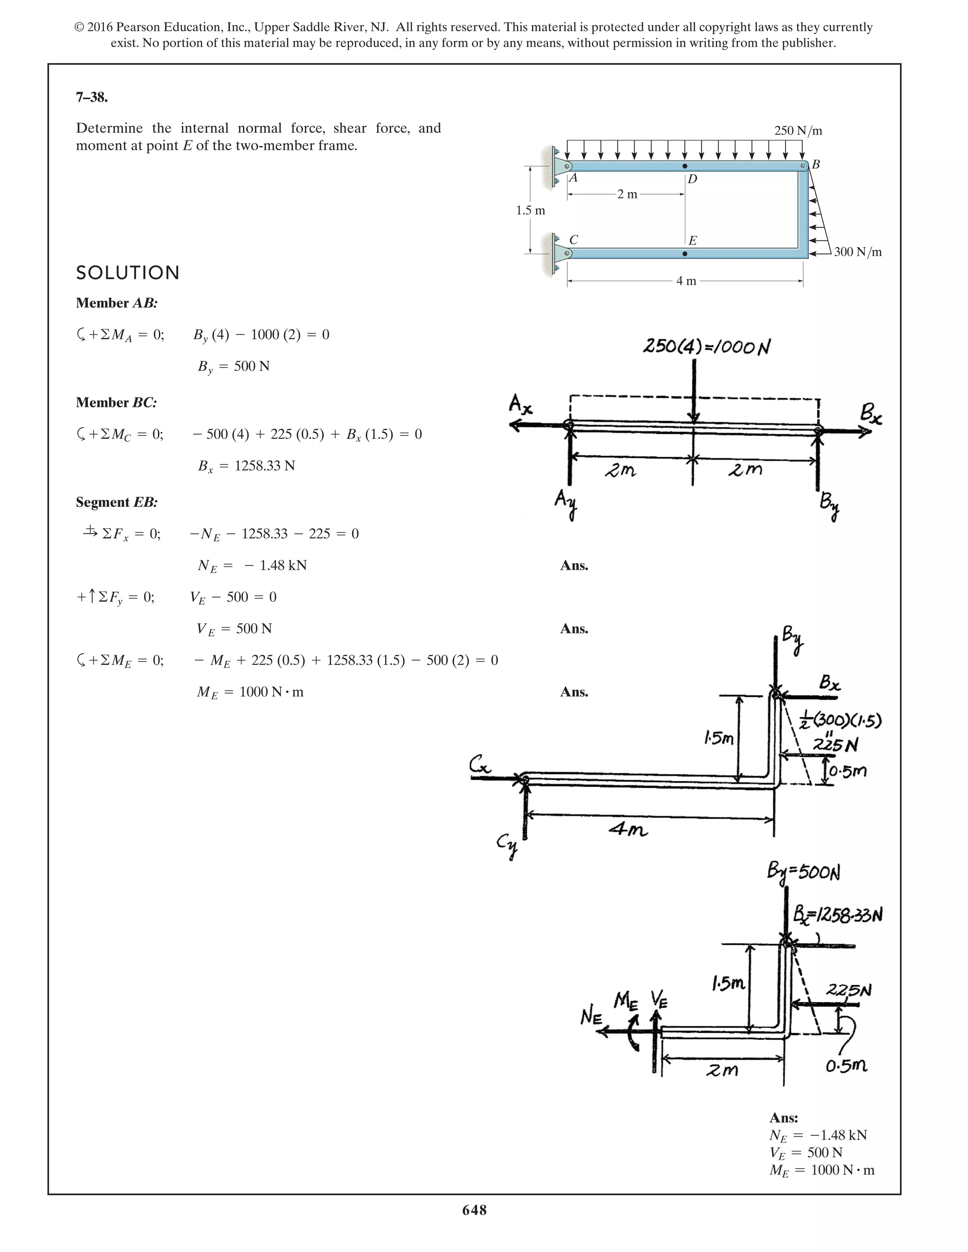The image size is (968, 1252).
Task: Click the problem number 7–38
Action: click(x=92, y=97)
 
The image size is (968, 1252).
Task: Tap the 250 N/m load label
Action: click(x=798, y=131)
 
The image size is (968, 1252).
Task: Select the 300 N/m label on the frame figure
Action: click(x=857, y=252)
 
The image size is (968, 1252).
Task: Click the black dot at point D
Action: click(x=685, y=166)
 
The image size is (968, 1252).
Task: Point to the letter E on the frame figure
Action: click(x=692, y=241)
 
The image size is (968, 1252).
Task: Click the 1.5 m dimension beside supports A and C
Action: click(x=530, y=210)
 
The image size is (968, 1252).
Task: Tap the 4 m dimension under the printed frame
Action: click(x=686, y=281)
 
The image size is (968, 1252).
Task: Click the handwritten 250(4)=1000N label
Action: click(x=706, y=347)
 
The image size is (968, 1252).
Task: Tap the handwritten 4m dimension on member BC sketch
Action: click(x=629, y=830)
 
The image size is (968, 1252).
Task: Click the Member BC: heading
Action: click(x=116, y=403)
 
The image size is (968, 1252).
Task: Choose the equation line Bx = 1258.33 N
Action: click(x=247, y=465)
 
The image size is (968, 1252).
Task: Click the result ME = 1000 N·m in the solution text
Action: click(x=250, y=692)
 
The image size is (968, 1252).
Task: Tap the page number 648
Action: click(x=474, y=1210)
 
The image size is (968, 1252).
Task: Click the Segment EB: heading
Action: click(x=116, y=502)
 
